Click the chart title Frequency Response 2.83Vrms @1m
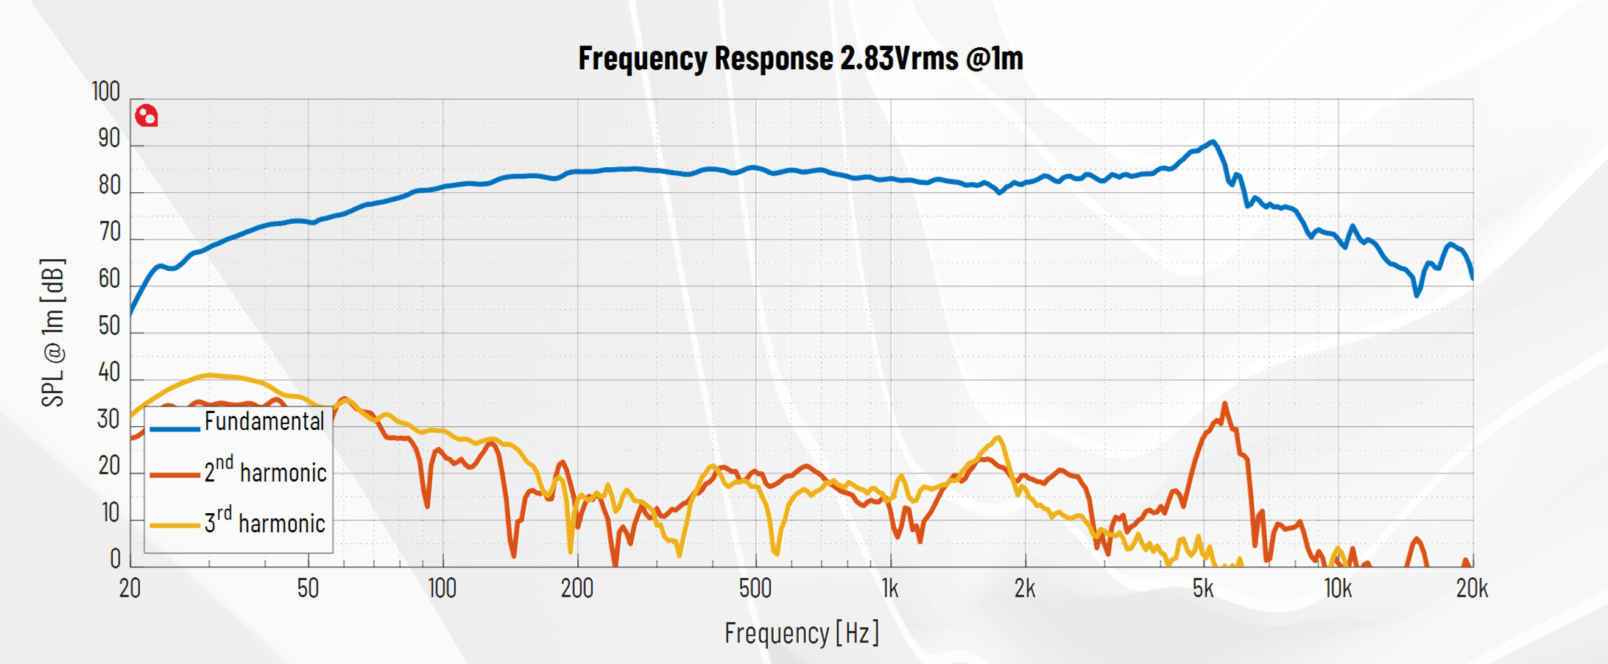(800, 58)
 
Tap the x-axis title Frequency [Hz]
(801, 633)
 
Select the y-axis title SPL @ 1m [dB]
(53, 333)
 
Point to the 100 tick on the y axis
(106, 92)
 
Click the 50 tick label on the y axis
(109, 326)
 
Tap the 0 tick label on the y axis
(115, 559)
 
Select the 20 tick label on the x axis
(130, 589)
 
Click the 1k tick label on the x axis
(890, 589)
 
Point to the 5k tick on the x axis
(1203, 589)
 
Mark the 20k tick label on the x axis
(1472, 589)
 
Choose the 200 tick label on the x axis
(577, 589)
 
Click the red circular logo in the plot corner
(147, 116)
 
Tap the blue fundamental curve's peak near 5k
(1212, 141)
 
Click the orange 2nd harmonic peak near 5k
(1224, 403)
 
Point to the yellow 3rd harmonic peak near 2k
(998, 438)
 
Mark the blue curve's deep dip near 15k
(1417, 294)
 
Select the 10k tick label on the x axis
(1338, 589)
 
